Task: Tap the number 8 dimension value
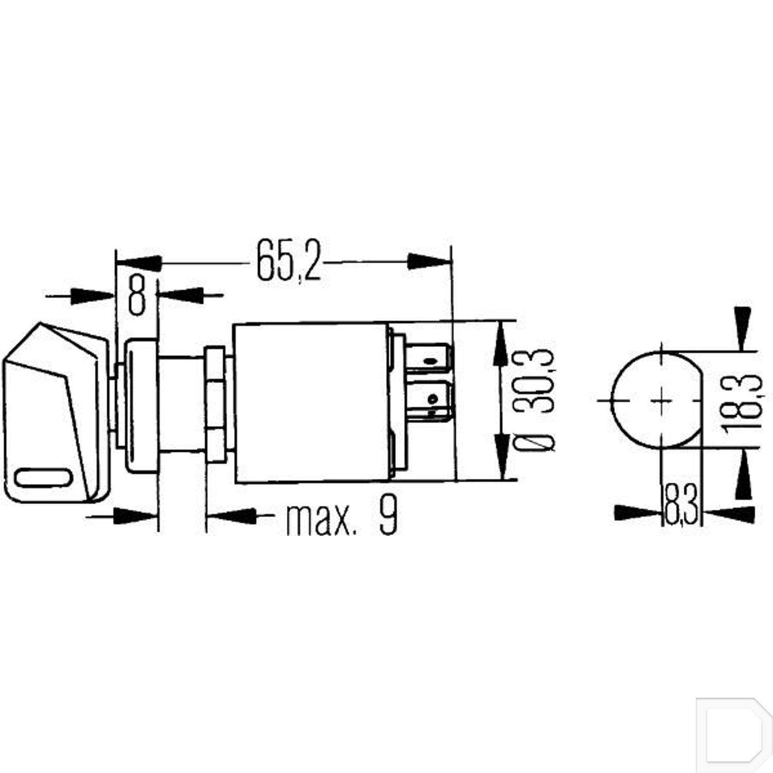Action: click(x=137, y=295)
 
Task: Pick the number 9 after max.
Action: click(x=388, y=515)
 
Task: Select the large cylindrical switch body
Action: click(x=311, y=403)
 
